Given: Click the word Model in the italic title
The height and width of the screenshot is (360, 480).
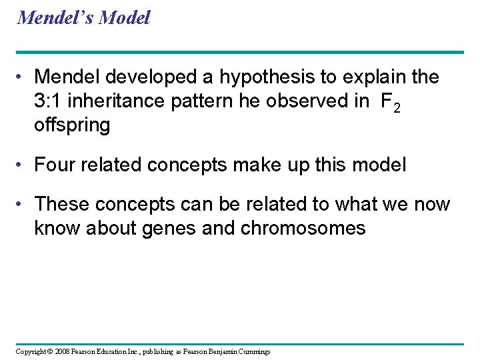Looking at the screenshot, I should pyautogui.click(x=124, y=17).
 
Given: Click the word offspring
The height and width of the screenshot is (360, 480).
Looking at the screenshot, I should pyautogui.click(x=72, y=126).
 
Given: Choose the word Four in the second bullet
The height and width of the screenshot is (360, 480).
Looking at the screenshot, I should pyautogui.click(x=57, y=165).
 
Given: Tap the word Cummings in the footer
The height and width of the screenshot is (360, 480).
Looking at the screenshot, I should pyautogui.click(x=251, y=351).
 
